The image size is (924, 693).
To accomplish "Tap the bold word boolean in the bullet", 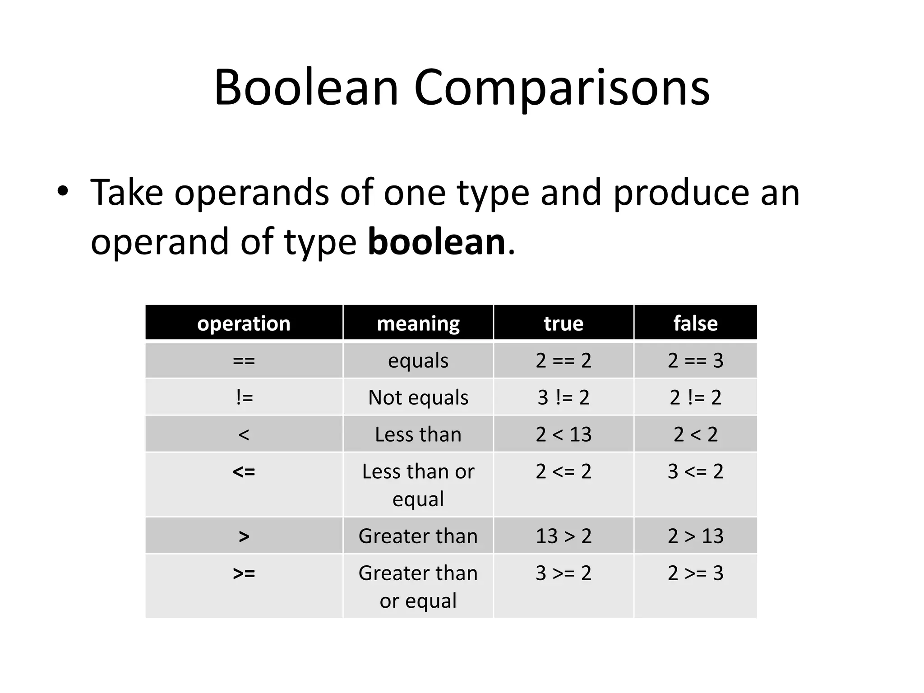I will tap(436, 242).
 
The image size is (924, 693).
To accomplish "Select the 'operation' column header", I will tap(244, 323).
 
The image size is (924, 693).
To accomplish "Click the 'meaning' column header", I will tap(418, 323).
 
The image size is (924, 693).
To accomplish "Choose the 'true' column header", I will tap(564, 323).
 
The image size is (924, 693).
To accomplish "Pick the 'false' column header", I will tap(695, 323).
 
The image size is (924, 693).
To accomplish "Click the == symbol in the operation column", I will tap(244, 360).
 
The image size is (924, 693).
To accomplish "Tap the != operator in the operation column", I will tap(244, 397).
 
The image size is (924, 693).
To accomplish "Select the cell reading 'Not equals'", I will tap(418, 397).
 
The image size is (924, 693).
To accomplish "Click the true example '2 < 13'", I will tap(564, 434).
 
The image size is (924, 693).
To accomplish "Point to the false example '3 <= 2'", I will tap(695, 471).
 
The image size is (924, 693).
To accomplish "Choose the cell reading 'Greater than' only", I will tap(418, 536).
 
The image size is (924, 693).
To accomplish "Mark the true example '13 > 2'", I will tap(564, 536).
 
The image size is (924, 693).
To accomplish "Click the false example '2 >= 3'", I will tap(695, 573).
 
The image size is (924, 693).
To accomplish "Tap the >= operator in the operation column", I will tap(244, 573).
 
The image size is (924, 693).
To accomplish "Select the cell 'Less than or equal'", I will tap(418, 485).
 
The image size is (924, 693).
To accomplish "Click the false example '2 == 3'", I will tap(695, 360).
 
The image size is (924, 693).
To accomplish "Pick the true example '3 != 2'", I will tap(564, 397).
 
